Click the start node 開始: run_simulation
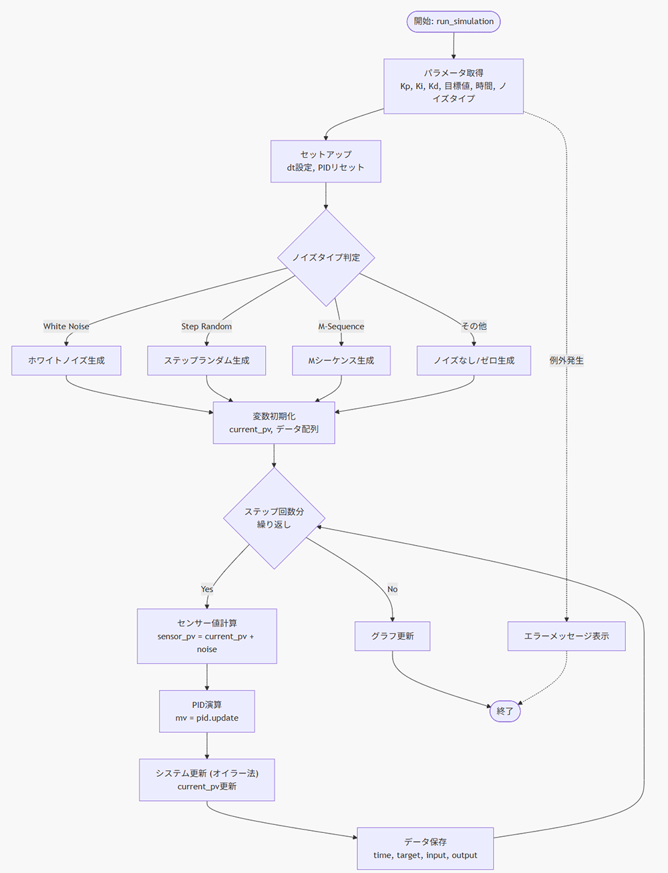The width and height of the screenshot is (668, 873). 454,21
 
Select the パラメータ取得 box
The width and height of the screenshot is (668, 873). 454,85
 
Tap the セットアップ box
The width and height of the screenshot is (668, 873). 325,161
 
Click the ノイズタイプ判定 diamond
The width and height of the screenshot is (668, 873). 325,257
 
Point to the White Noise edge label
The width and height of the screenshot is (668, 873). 66,327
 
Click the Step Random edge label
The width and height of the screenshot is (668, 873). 206,327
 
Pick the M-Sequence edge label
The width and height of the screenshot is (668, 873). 341,327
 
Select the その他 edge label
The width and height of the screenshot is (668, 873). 474,326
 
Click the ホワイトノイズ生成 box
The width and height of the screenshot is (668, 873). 66,361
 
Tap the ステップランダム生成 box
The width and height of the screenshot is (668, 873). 206,361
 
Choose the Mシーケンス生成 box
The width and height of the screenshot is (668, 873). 341,361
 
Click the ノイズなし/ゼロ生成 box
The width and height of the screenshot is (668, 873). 474,361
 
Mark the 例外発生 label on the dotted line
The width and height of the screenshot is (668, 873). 566,361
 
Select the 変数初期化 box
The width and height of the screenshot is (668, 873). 274,423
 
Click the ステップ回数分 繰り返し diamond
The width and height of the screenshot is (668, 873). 274,518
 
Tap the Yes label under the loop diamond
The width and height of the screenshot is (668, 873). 207,589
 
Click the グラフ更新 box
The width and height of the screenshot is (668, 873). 392,637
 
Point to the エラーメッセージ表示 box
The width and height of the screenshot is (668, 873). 566,637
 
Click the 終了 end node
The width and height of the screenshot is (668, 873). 505,711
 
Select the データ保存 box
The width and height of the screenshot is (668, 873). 426,848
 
